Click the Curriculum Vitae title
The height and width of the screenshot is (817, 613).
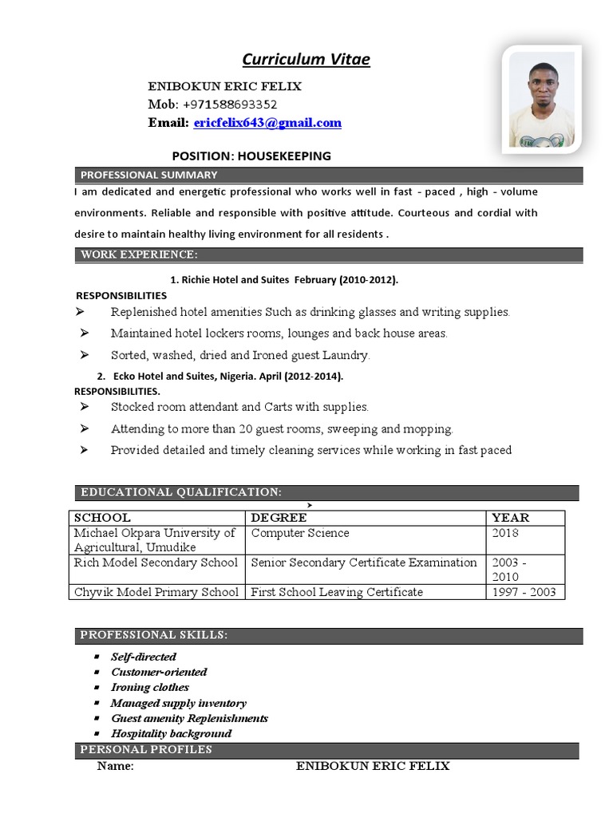point(306,60)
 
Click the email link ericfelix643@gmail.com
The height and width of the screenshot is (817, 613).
point(267,123)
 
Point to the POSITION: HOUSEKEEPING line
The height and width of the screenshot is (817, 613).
point(251,156)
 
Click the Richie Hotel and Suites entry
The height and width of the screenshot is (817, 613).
point(284,280)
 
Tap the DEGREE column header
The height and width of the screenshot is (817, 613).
point(279,518)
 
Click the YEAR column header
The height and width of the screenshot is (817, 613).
point(510,518)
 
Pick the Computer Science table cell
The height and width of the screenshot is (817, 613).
point(300,533)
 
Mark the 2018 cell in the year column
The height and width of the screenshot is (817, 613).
point(505,533)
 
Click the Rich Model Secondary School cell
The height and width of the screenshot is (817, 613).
point(156,562)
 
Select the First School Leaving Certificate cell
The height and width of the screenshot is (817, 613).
point(337,592)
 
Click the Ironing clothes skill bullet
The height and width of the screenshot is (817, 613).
point(150,687)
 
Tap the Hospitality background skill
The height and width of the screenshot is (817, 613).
point(171,733)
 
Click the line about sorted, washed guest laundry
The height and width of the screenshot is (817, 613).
point(240,355)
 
